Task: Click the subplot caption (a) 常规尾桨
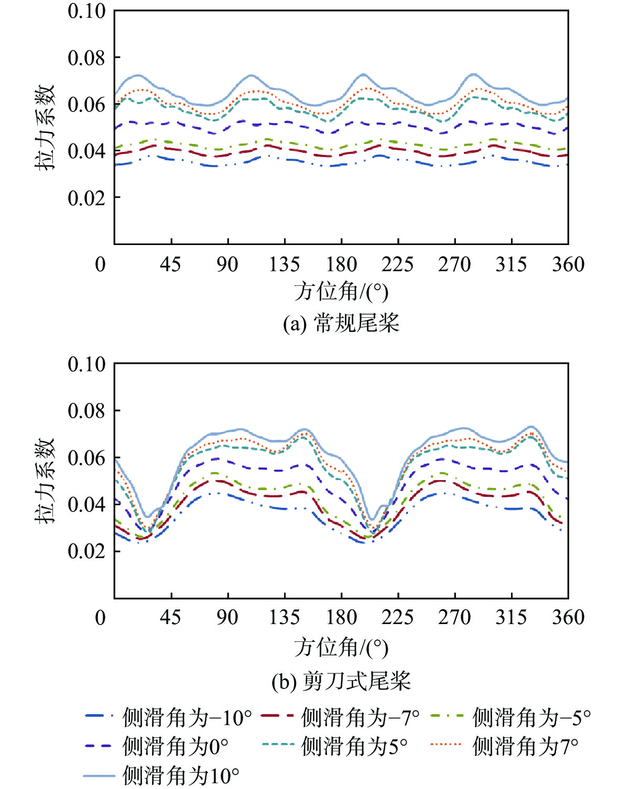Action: pyautogui.click(x=341, y=323)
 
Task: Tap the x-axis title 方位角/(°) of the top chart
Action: pyautogui.click(x=341, y=292)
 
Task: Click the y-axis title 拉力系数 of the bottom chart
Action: pyautogui.click(x=45, y=481)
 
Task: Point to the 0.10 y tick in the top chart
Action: pyautogui.click(x=86, y=11)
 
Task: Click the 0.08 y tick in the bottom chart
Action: pyautogui.click(x=86, y=411)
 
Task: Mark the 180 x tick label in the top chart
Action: pyautogui.click(x=341, y=264)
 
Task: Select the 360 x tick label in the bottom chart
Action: pyautogui.click(x=568, y=617)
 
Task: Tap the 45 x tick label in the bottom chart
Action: pyautogui.click(x=171, y=617)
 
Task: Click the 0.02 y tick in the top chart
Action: pyautogui.click(x=86, y=198)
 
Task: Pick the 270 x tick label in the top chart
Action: pyautogui.click(x=454, y=264)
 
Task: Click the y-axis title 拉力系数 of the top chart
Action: pyautogui.click(x=45, y=127)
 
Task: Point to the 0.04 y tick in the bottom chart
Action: pyautogui.click(x=86, y=505)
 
